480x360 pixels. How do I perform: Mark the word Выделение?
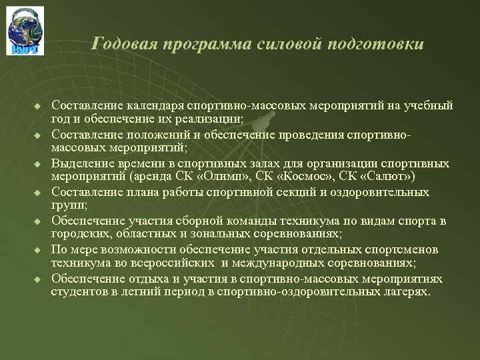click(81, 164)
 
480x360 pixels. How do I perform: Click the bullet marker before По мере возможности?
click(38, 250)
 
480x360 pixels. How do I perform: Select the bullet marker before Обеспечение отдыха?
click(38, 279)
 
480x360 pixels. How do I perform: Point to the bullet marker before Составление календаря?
click(38, 107)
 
